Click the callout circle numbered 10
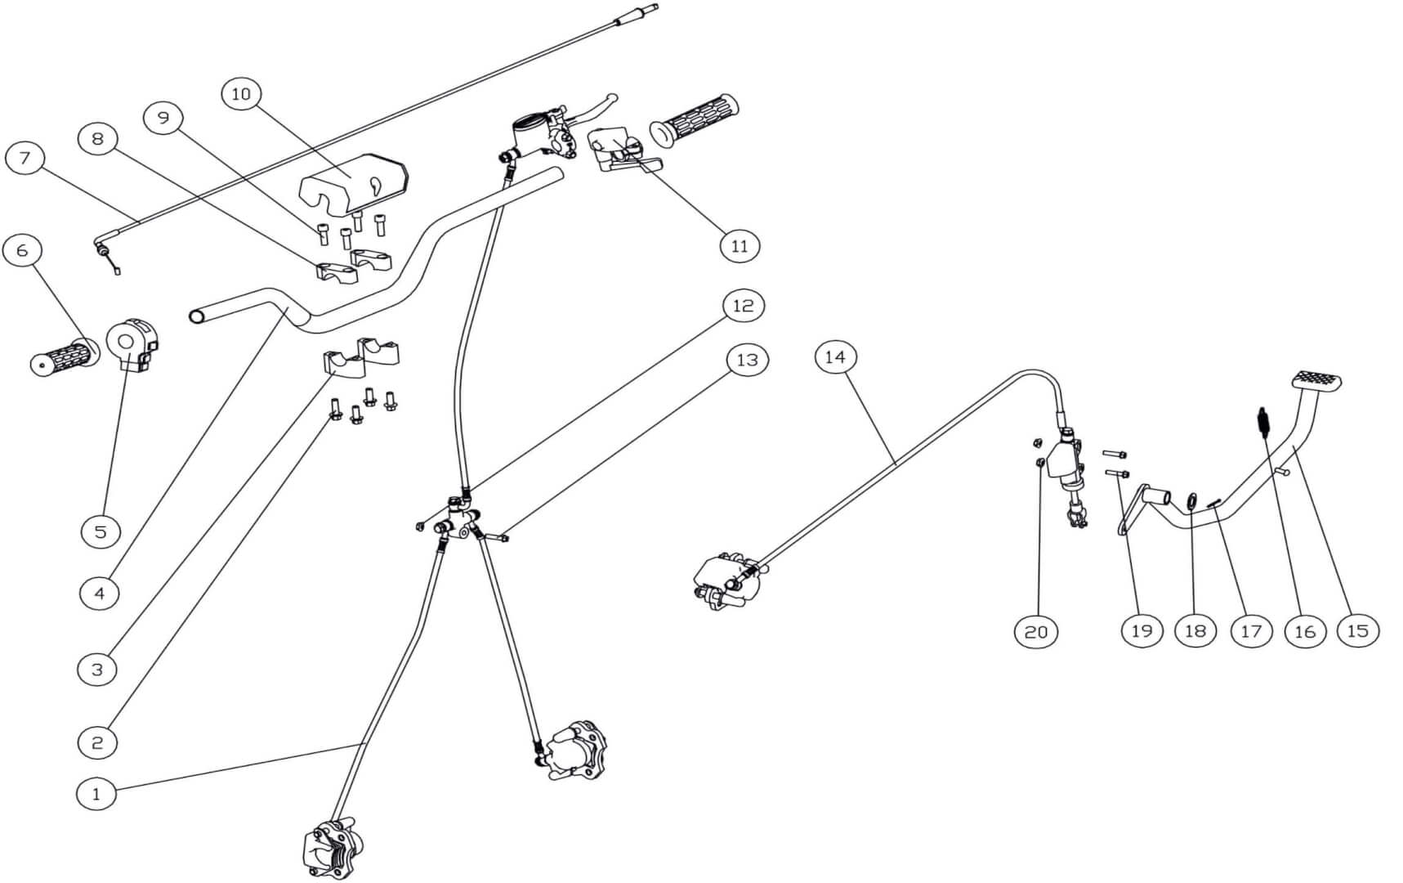[241, 94]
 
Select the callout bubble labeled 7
[25, 157]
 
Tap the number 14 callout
[835, 357]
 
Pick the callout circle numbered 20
[1035, 631]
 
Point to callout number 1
[96, 793]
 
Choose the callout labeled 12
[743, 306]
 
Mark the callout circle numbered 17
[1251, 630]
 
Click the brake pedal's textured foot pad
[1316, 381]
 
